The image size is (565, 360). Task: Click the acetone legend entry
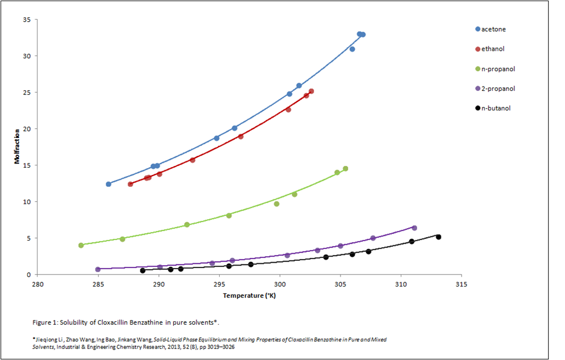493,29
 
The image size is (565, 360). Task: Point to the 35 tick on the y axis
26,20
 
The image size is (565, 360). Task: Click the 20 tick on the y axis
26,129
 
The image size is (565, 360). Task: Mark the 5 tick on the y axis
28,238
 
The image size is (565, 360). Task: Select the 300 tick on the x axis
280,284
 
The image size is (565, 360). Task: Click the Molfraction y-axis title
18,147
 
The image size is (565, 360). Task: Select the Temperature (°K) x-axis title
250,296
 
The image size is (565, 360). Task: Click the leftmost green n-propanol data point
81,245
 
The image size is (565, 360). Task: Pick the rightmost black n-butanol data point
438,237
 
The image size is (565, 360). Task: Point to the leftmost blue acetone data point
109,184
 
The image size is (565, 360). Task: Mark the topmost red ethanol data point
311,91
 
